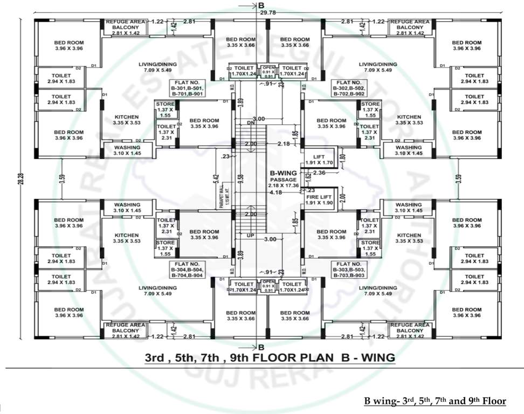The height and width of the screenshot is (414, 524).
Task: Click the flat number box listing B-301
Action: (x=185, y=88)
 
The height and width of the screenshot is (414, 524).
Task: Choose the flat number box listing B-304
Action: (x=185, y=269)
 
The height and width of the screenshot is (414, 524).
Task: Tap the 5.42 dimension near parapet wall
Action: (x=216, y=176)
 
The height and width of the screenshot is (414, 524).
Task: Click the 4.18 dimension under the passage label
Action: (x=277, y=192)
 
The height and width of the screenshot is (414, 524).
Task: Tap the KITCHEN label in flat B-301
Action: (x=127, y=120)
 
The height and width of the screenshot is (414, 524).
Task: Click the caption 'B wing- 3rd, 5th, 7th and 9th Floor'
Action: (x=436, y=401)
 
